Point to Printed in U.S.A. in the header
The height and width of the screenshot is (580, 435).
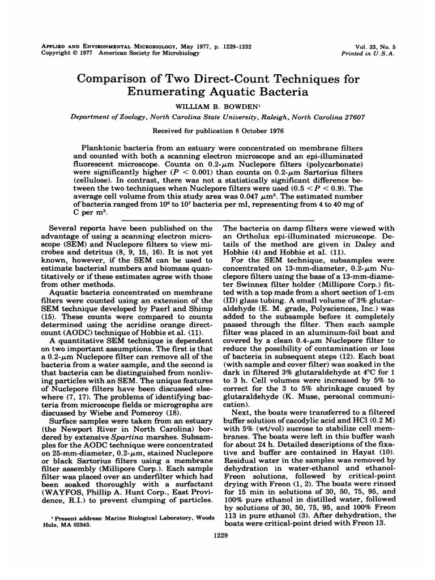click(372, 53)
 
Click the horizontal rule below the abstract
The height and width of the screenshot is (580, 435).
click(217, 219)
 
